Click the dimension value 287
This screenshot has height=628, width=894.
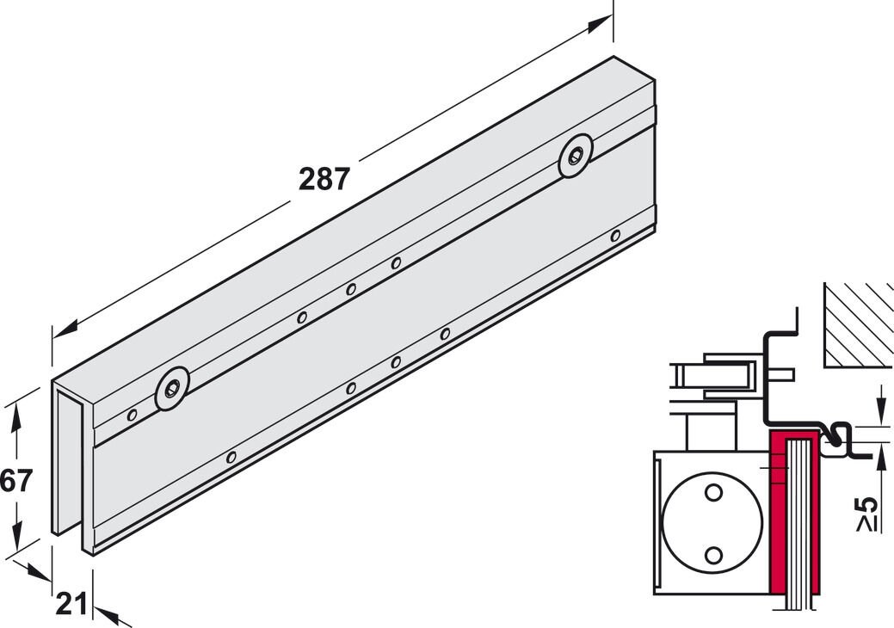coord(324,179)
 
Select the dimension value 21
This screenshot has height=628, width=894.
coord(71,605)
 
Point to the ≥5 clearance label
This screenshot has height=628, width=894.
coord(868,514)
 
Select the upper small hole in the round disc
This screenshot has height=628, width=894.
coord(712,493)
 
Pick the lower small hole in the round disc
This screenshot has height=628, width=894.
coord(712,555)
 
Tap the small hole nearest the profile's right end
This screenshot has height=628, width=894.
coord(615,235)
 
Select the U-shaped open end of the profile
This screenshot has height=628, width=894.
coord(72,465)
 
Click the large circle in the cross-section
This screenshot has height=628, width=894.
coord(712,523)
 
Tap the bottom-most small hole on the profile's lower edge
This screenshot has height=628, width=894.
coord(231,456)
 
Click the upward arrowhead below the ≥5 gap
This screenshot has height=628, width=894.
coord(879,457)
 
